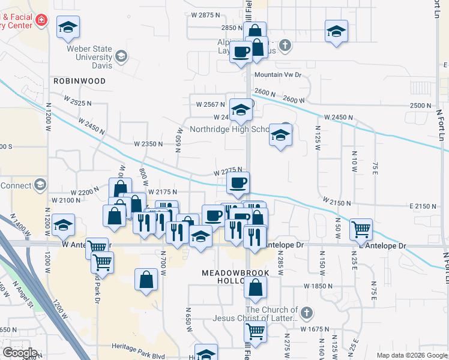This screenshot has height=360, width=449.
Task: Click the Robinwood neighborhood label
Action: click(79, 80)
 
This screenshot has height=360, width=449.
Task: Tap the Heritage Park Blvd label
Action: click(139, 347)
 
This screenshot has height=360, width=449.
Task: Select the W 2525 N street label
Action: click(76, 103)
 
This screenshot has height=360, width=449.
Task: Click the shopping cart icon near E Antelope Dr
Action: click(361, 228)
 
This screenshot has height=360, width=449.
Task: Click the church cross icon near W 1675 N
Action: click(306, 313)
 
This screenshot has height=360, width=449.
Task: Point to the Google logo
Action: click(20, 353)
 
